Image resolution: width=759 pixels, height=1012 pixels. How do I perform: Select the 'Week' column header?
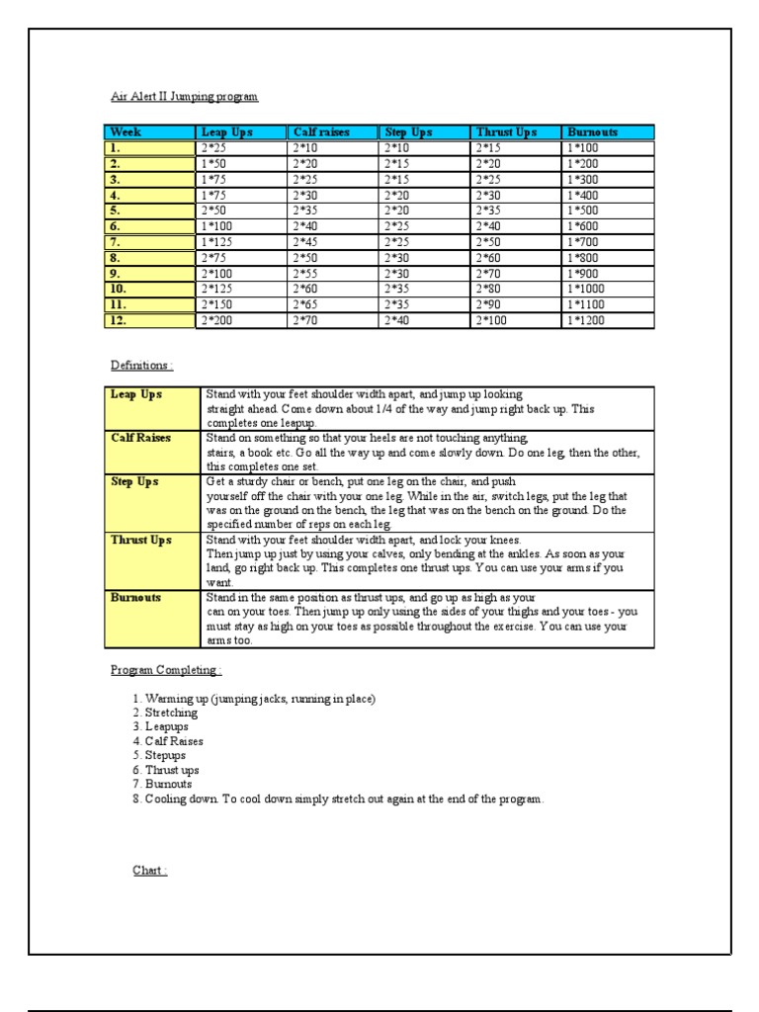(126, 131)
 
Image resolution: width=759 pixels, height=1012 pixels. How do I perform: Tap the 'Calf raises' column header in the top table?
(321, 131)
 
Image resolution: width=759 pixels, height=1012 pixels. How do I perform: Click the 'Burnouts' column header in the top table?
(593, 131)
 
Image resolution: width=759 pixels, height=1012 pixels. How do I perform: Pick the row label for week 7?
(116, 242)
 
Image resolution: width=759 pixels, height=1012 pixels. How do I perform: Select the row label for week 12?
(119, 321)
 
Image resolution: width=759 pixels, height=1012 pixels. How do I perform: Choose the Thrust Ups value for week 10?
(495, 290)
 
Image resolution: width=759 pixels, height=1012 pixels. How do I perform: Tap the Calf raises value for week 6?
(311, 226)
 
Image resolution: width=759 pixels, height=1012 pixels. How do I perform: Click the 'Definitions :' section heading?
(140, 365)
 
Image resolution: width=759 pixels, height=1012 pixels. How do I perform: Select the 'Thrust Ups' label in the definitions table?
(142, 541)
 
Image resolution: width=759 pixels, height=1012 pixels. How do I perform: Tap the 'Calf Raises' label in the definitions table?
(142, 438)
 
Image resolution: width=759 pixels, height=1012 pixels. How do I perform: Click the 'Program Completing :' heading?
(165, 670)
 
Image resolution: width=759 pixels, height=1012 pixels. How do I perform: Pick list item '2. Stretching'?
(165, 713)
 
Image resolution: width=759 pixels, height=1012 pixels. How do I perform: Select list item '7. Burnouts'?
(162, 784)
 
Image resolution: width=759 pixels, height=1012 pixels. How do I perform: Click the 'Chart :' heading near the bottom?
(150, 871)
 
